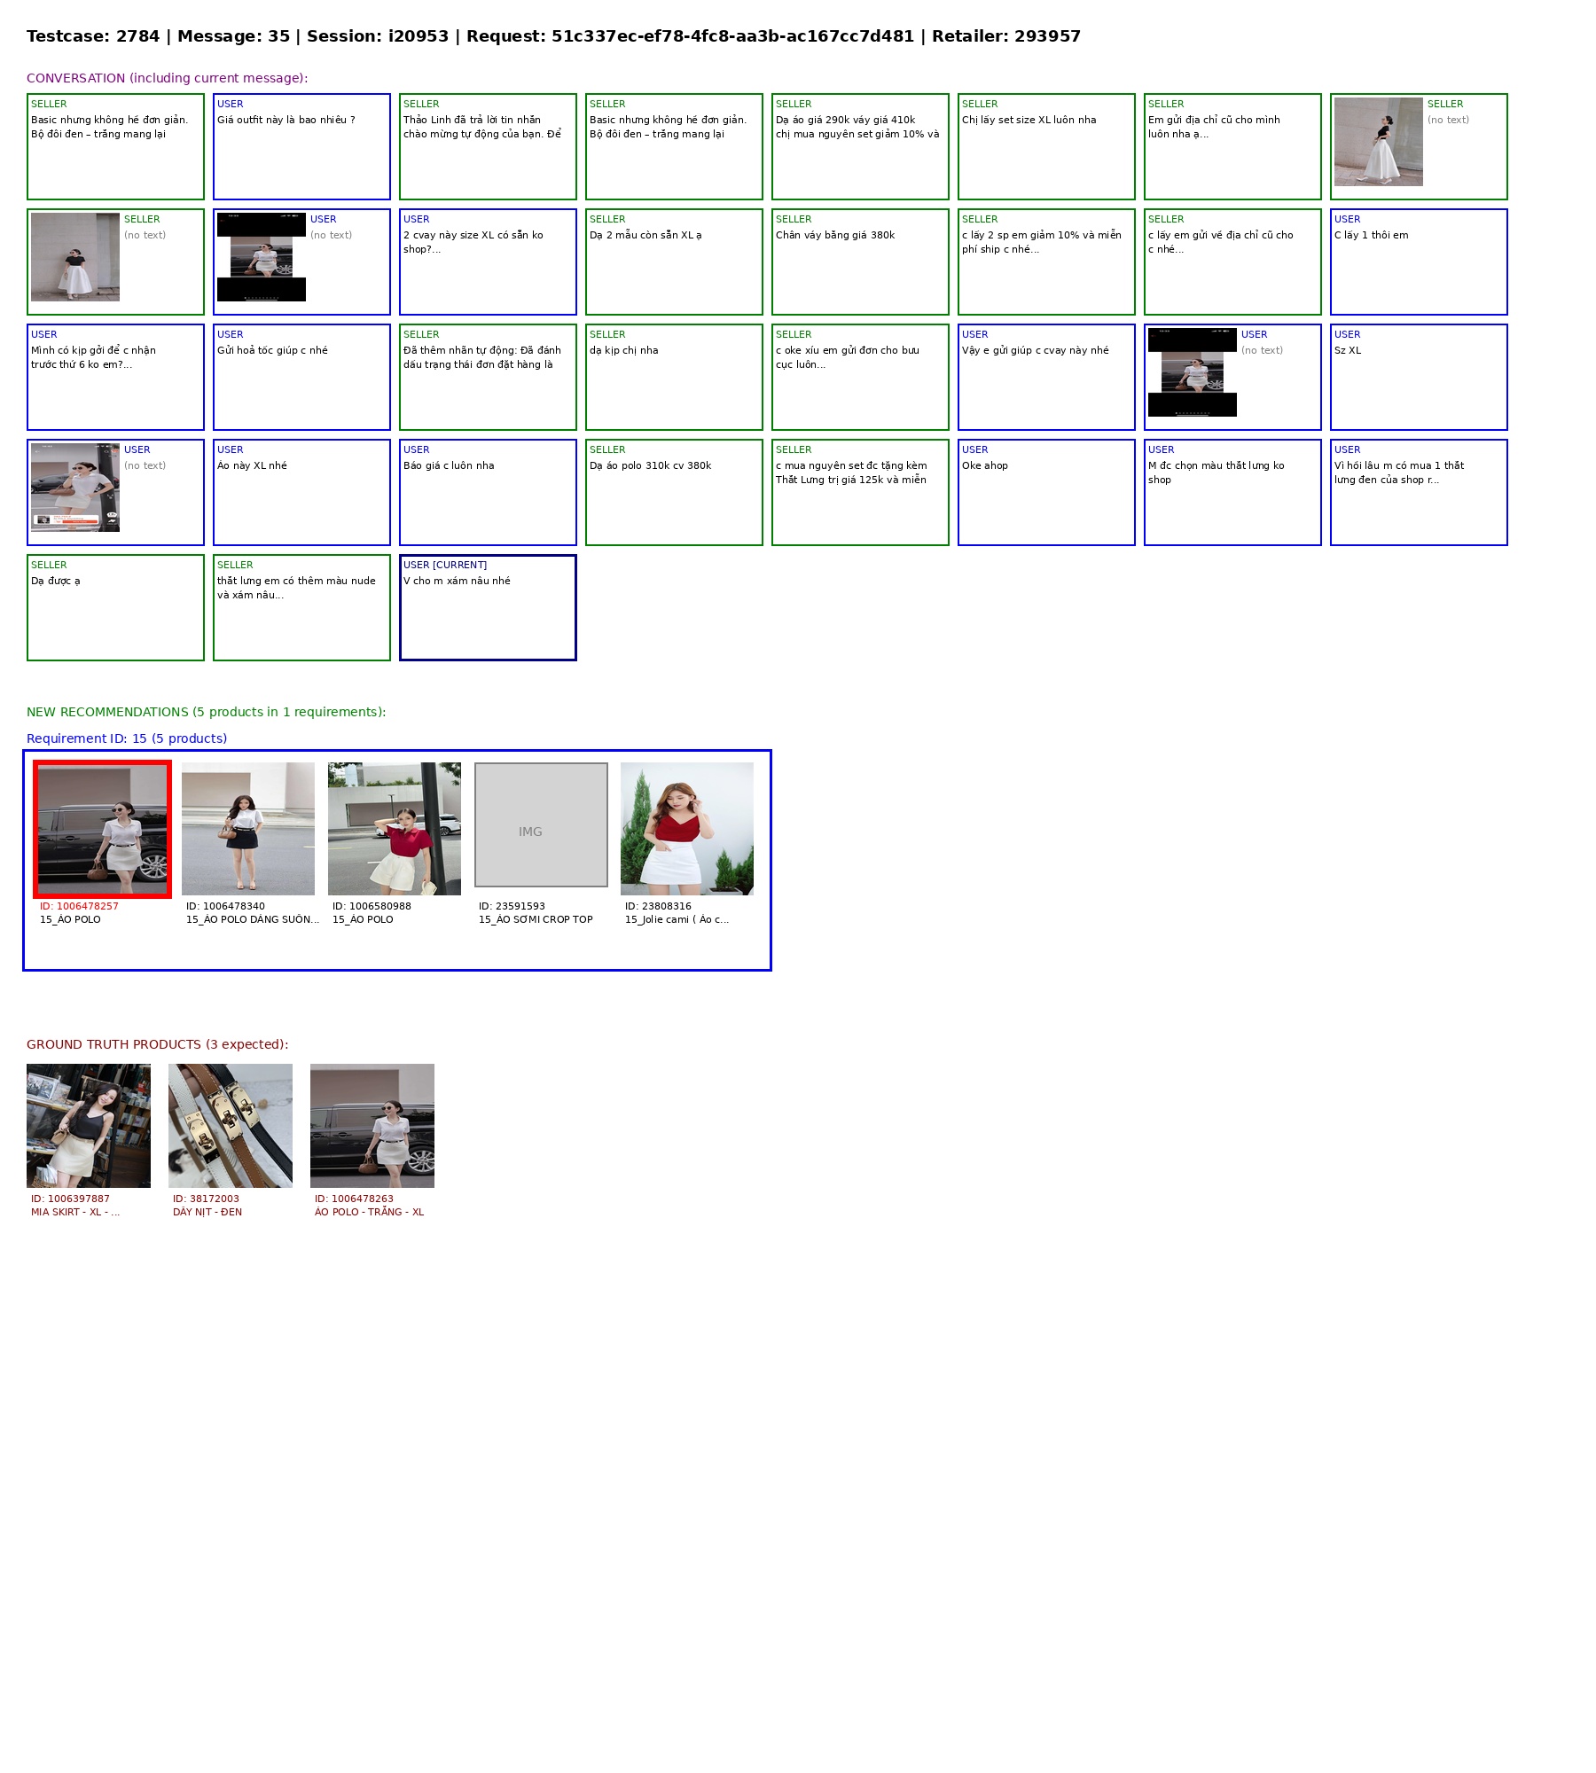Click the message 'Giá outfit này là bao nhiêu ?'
(x=286, y=120)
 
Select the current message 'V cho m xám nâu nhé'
(x=457, y=581)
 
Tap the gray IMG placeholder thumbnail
(x=541, y=824)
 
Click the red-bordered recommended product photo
(x=102, y=829)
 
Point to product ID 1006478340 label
(x=225, y=906)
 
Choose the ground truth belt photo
(x=231, y=1126)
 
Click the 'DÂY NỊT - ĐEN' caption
(x=207, y=1212)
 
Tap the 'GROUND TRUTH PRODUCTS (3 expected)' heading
(x=158, y=1044)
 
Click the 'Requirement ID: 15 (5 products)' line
(x=127, y=738)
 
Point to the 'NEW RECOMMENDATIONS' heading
(x=107, y=712)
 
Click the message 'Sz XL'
(x=1348, y=350)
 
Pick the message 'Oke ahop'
(x=985, y=465)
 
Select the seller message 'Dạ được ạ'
(x=56, y=581)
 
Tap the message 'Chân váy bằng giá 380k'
(x=835, y=235)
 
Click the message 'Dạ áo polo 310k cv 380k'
(x=650, y=465)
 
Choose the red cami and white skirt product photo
(x=687, y=829)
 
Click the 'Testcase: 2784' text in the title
(x=93, y=36)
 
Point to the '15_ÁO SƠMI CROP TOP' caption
(x=536, y=919)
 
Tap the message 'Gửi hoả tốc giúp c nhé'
(x=272, y=350)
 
